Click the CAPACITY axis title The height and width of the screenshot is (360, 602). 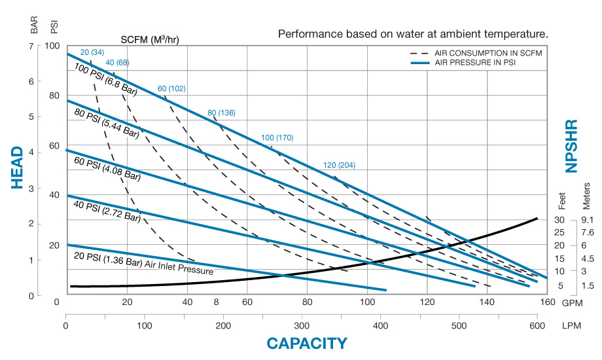306,343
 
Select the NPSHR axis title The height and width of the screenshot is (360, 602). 572,146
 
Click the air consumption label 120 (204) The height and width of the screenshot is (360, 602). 339,165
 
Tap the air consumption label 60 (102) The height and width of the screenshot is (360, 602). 172,88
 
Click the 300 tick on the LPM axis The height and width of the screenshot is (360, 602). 302,325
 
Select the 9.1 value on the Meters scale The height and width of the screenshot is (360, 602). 586,220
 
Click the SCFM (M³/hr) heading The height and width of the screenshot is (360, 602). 150,39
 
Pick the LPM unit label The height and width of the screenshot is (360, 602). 570,325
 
